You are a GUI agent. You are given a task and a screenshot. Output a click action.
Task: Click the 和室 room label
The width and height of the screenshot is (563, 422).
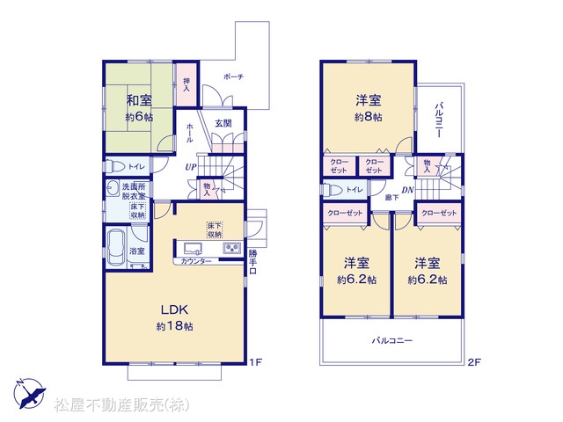point(139,100)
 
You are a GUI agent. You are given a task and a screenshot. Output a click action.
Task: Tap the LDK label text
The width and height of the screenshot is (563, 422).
point(174,309)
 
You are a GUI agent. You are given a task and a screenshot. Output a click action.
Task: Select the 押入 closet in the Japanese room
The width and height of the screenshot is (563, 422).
point(186,84)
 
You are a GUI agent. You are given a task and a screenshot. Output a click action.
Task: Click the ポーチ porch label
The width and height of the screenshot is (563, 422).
point(233,76)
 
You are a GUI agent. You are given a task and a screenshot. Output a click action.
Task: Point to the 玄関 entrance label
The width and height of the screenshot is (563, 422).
point(223,123)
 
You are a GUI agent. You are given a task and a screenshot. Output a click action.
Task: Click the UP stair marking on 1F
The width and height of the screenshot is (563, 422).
point(191,167)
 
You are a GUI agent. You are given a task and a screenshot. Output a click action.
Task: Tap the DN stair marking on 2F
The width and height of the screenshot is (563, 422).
point(407,190)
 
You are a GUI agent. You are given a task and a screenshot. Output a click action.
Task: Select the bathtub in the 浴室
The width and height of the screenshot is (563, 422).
point(116,247)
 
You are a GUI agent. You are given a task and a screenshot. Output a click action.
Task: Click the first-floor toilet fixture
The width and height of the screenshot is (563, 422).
point(115,166)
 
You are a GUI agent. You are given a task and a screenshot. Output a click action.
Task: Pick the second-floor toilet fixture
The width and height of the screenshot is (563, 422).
point(333,190)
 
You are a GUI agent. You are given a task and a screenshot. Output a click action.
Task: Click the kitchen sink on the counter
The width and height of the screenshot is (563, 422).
point(193,248)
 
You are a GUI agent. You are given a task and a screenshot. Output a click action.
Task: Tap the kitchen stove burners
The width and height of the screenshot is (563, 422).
point(232,248)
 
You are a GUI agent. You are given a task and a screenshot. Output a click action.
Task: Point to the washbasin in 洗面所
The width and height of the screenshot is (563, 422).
point(113,188)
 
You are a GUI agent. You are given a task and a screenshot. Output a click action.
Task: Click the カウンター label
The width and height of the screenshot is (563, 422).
point(196,261)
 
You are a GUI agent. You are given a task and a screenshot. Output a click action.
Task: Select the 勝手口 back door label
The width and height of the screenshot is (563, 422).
point(252,262)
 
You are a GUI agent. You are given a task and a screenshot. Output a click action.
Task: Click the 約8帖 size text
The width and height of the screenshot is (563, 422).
point(369,117)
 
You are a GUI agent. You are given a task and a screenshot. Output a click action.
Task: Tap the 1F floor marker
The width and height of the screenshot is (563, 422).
point(256,362)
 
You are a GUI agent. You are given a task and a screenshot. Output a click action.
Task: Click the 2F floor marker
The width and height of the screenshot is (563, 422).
point(474,362)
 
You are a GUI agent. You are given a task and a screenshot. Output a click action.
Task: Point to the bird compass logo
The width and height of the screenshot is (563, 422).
point(30,393)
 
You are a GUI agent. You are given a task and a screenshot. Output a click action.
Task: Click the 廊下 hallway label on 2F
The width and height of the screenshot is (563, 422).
point(391,197)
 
